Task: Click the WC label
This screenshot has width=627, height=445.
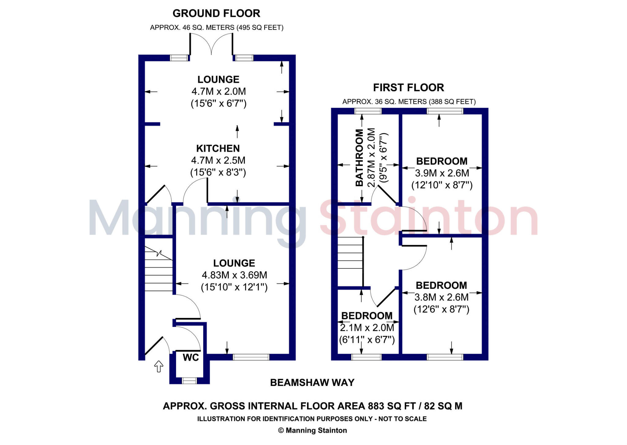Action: click(x=191, y=357)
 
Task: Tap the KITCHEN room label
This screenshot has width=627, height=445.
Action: click(x=218, y=148)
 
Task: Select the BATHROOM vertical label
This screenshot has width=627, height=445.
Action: click(x=359, y=158)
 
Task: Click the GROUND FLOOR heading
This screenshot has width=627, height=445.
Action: click(x=216, y=13)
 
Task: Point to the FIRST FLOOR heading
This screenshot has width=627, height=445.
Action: click(x=408, y=88)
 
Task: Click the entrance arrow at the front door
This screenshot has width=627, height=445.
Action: click(x=159, y=366)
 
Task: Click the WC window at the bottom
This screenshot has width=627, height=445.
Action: click(x=189, y=381)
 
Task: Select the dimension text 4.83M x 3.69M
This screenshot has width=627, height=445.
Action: click(x=234, y=275)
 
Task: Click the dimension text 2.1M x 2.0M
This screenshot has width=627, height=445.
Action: click(x=367, y=328)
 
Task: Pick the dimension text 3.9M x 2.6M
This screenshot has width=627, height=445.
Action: click(x=442, y=173)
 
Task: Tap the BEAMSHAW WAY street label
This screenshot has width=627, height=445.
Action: click(x=312, y=383)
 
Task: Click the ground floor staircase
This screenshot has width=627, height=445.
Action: click(x=158, y=269)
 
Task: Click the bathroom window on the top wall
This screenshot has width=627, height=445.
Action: click(x=368, y=111)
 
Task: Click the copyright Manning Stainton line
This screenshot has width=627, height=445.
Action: click(x=312, y=431)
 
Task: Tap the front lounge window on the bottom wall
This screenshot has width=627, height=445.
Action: click(x=251, y=357)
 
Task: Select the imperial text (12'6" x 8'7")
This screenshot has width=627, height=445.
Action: click(x=441, y=309)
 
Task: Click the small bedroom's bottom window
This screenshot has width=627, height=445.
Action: click(x=366, y=357)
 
